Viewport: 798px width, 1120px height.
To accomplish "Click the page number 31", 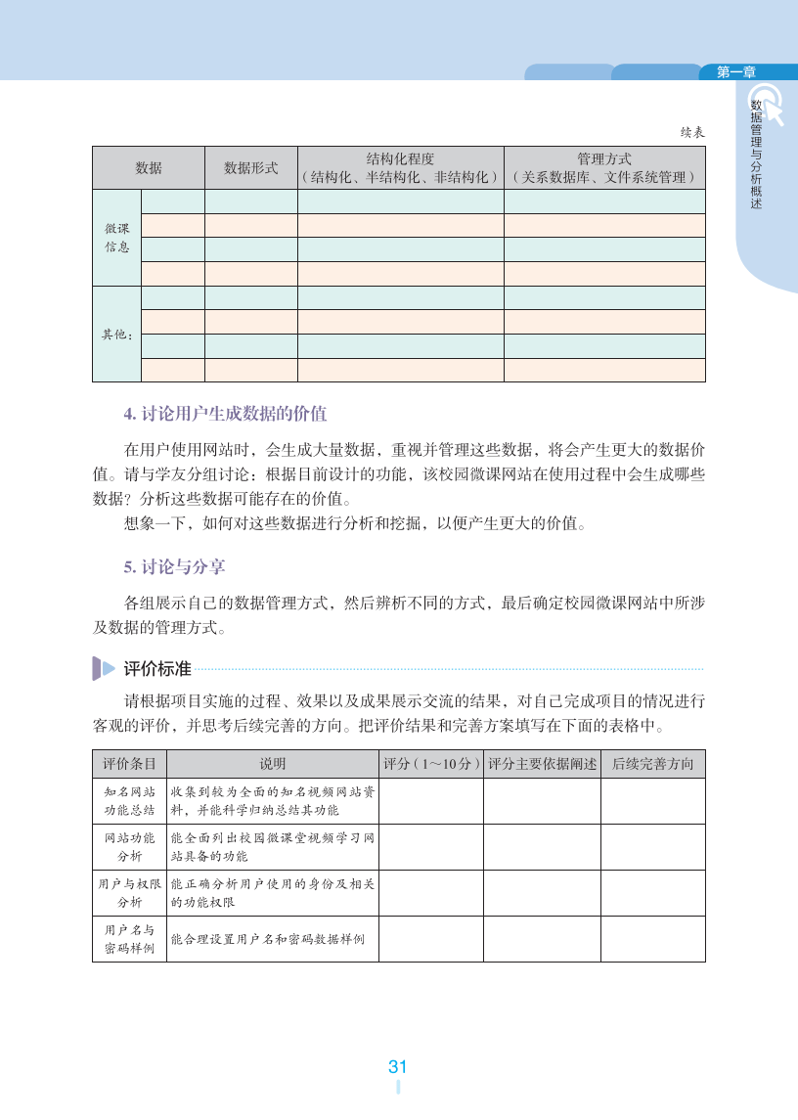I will pos(397,1067).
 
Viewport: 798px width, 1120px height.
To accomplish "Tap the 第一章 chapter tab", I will pos(736,71).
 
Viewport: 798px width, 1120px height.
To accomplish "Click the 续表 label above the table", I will pos(692,132).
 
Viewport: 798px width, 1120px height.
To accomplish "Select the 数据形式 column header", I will pos(251,168).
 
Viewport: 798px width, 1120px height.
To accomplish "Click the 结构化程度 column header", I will pos(400,167).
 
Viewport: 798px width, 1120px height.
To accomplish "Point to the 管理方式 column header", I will pos(604,167).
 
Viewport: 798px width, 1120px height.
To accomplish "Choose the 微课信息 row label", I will pos(117,238).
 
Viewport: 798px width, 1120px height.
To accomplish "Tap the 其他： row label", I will pos(117,335).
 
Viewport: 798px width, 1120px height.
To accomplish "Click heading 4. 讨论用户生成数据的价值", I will pos(225,414).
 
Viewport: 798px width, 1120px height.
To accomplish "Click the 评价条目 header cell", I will pos(129,764).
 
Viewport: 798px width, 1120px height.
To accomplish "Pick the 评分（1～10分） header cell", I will pos(430,764).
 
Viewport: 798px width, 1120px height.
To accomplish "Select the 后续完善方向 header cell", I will pos(652,764).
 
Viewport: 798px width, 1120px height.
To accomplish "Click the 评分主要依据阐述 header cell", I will pos(542,764).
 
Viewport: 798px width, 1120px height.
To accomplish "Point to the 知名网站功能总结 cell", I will pos(129,801).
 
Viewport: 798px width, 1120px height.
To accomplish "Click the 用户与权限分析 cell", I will pos(129,893).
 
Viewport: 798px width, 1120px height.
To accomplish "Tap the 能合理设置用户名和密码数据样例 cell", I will pos(272,939).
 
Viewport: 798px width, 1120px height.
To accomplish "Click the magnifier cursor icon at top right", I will pos(768,104).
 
